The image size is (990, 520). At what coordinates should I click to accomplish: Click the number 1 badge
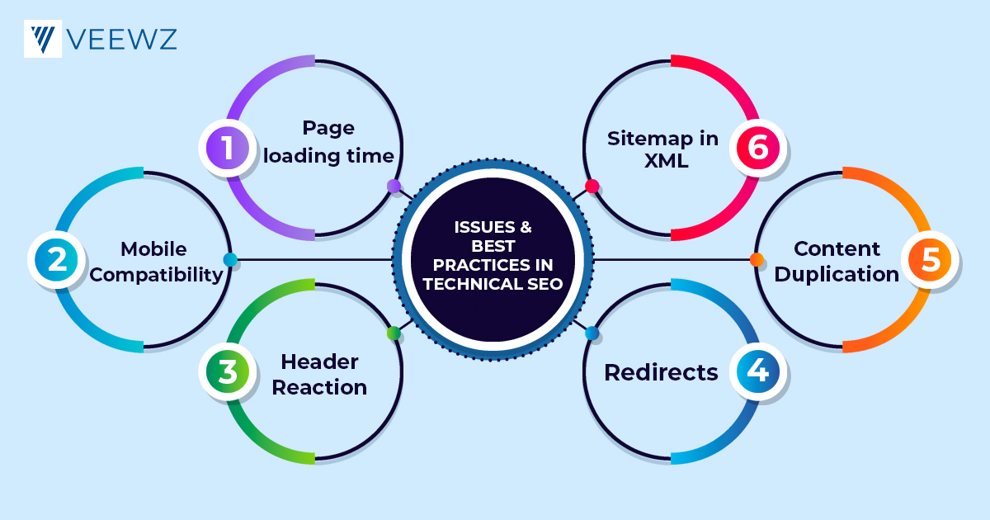point(226,149)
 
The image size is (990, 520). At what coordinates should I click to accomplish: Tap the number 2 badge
point(56,260)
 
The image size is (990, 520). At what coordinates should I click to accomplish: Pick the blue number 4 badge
point(757,371)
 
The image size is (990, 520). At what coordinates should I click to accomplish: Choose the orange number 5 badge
point(929,260)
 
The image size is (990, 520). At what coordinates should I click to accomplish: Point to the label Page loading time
point(328,141)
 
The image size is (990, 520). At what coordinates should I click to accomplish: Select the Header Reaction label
point(319,374)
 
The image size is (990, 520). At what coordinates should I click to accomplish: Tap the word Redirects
point(661,372)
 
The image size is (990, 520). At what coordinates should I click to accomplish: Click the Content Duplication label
point(837,262)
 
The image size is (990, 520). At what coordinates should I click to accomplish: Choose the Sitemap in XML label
point(663,149)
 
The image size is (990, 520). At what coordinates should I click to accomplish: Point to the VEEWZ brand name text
point(122,39)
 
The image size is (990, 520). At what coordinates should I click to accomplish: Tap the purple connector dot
point(394,187)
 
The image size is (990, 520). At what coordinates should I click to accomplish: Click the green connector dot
point(394,333)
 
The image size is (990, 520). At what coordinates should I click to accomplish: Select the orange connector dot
point(757,260)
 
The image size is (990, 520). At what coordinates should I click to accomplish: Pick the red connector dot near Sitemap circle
point(592,187)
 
